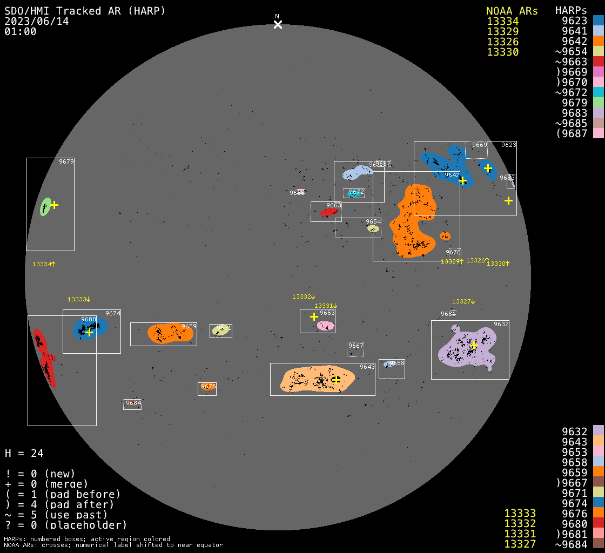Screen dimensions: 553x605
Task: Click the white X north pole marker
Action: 278,24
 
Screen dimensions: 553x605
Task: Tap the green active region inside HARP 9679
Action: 46,207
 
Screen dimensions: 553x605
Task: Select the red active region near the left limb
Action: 43,356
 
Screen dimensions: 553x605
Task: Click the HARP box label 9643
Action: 367,367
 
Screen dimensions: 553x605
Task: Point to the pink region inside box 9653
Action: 325,326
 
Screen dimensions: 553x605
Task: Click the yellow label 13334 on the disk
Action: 44,264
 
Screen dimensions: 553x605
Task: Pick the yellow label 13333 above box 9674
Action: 79,299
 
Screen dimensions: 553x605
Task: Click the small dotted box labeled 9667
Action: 355,349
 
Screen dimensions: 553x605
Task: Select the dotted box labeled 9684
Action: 132,404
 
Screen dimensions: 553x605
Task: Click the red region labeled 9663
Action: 328,212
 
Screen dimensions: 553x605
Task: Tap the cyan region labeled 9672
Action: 354,193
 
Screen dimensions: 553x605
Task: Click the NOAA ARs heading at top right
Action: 512,11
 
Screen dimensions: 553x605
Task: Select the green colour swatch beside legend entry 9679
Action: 598,103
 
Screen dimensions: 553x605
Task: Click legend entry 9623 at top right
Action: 574,21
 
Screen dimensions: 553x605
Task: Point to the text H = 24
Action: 24,453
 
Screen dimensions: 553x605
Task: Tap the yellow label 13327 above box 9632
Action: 463,301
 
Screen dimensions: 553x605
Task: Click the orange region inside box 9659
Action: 170,333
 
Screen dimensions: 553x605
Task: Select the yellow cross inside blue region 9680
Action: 89,332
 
